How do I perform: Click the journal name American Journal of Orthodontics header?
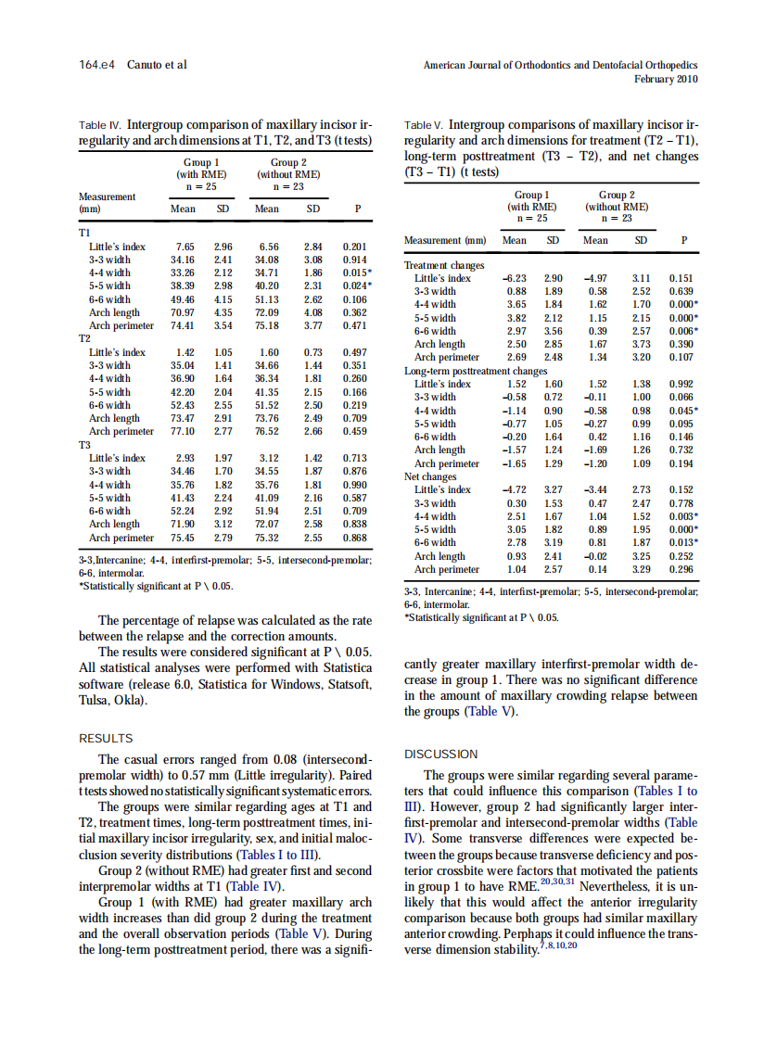tap(560, 65)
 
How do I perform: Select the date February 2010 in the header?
tap(666, 79)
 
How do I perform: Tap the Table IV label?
tap(99, 124)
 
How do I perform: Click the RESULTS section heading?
tap(107, 738)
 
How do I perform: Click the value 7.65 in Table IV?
tap(184, 247)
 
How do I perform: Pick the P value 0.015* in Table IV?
tap(357, 273)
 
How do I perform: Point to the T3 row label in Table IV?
tap(85, 445)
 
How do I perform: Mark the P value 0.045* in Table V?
tap(681, 411)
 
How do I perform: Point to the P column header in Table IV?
tap(358, 209)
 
